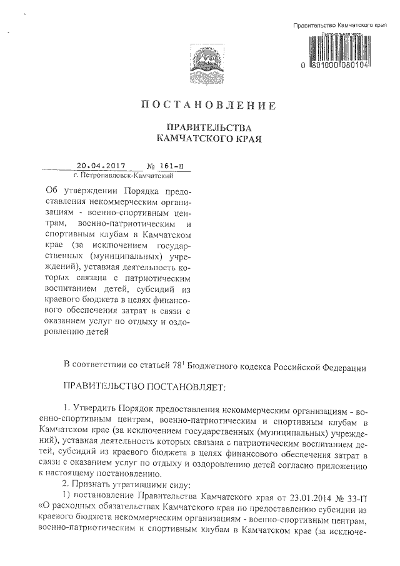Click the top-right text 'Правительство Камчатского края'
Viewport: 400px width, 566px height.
[341, 24]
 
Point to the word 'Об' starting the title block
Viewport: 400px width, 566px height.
[54, 190]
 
